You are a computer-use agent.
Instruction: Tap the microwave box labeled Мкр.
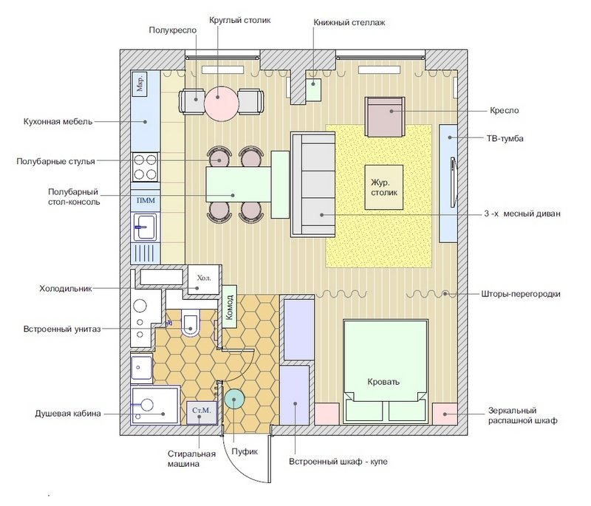coord(140,83)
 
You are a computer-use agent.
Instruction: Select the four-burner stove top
coord(145,167)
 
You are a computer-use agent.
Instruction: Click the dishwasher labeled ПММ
coord(146,200)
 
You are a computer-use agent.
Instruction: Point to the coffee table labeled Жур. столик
coord(383,187)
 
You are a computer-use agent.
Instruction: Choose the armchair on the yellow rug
coord(384,117)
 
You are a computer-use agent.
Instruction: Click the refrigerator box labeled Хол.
coord(204,279)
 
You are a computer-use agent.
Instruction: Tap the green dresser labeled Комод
coord(229,307)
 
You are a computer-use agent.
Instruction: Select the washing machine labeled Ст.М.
coord(202,413)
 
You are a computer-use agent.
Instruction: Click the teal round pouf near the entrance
coord(234,400)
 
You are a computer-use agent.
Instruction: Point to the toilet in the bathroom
coord(191,322)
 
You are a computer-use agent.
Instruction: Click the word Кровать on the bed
coord(383,382)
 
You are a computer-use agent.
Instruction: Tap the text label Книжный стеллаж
coord(349,23)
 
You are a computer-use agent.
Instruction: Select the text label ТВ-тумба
coord(505,138)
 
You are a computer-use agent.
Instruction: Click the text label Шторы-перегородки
coord(521,294)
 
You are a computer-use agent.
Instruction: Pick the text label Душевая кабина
coord(68,414)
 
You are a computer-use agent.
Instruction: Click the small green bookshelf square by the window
coord(313,89)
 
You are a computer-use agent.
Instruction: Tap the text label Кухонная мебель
coord(58,122)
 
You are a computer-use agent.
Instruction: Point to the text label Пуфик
coord(245,451)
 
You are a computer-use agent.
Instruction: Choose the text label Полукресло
coord(173,30)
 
